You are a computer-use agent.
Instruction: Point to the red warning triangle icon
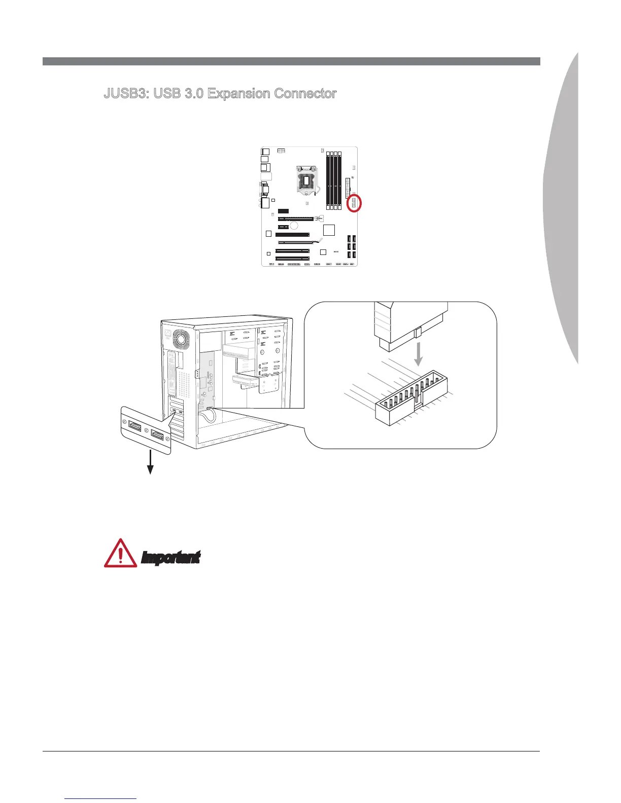120,554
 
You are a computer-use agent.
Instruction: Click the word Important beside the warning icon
170,558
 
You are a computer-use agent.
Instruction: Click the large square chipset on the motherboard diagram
329,230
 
